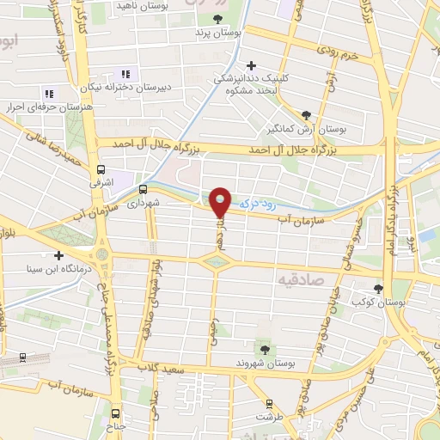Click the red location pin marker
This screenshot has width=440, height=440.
tap(221, 201)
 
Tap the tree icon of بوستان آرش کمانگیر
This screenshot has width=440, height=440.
tap(307, 114)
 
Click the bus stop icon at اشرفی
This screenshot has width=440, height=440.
tap(102, 169)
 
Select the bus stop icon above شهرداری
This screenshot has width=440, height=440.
tap(142, 190)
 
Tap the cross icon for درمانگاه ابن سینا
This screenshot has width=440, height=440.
tap(58, 255)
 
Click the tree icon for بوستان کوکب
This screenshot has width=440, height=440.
tap(378, 288)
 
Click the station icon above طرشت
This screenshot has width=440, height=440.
tap(269, 402)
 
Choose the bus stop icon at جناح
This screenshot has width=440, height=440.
tap(116, 412)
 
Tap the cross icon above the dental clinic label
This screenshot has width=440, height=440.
tap(251, 65)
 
